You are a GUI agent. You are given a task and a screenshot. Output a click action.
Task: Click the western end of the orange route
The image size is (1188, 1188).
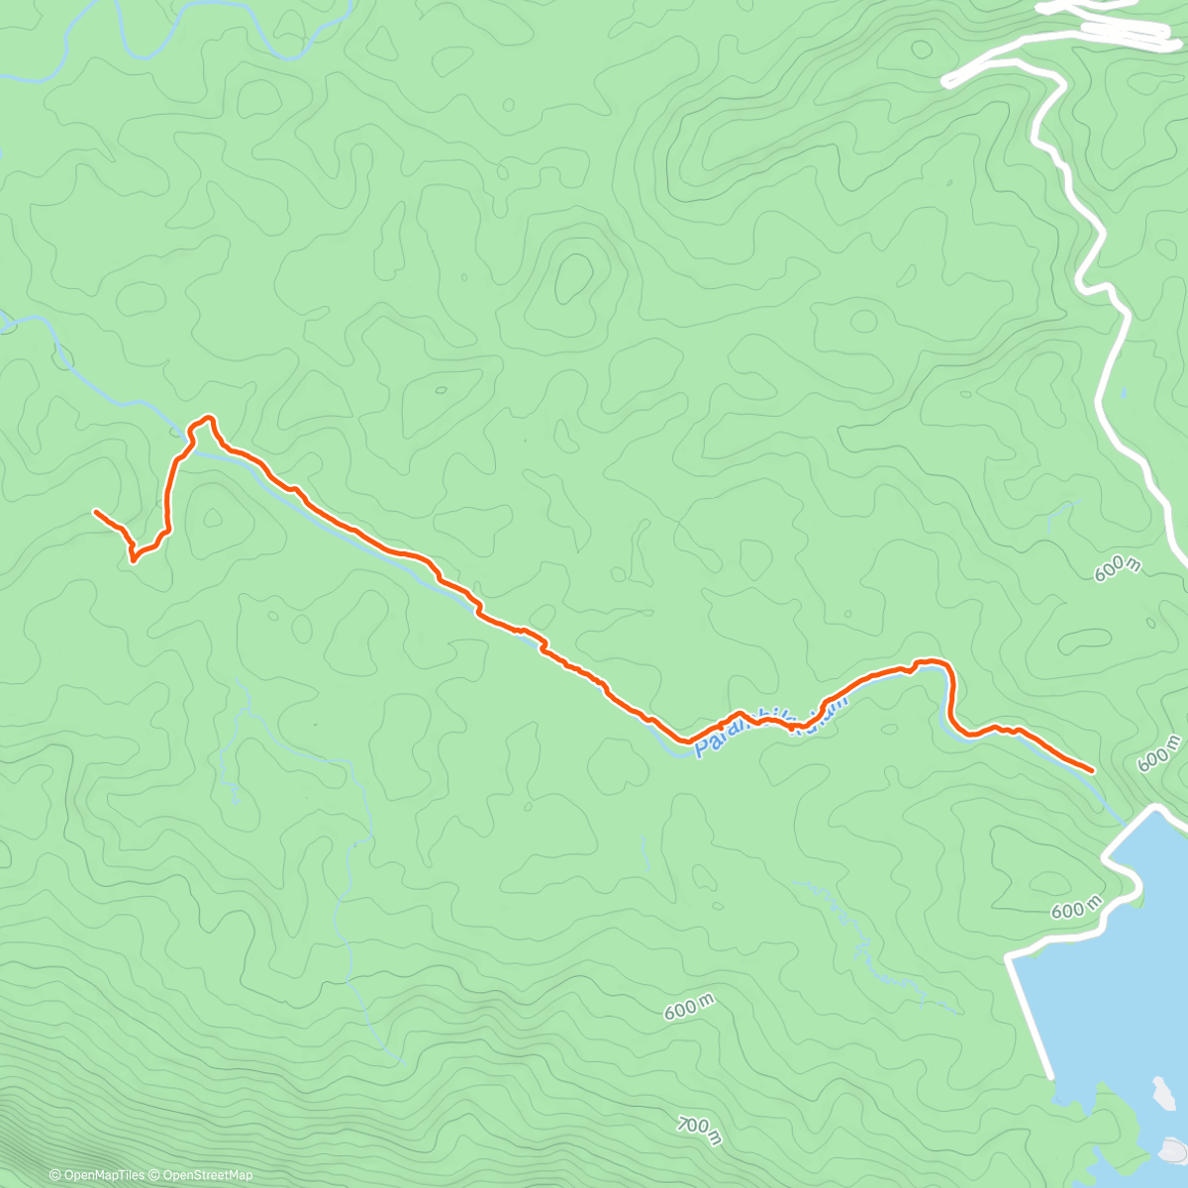(x=95, y=512)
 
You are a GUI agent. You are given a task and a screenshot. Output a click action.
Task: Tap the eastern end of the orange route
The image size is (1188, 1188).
(x=1091, y=769)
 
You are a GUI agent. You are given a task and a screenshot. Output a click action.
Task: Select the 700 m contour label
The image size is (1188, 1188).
(x=700, y=1130)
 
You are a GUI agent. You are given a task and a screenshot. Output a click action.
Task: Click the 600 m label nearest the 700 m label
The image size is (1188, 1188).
(x=689, y=1009)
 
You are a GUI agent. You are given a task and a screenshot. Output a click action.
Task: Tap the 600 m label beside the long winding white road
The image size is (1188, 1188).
(x=1118, y=567)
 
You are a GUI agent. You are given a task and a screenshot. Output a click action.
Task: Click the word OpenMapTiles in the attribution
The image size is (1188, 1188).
(x=103, y=1175)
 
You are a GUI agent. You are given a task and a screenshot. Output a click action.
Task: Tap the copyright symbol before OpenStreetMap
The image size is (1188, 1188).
(x=155, y=1175)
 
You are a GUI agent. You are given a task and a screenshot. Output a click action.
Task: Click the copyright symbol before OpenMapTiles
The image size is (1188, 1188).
(x=55, y=1175)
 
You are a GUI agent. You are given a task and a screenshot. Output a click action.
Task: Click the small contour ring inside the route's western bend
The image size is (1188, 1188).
(x=213, y=517)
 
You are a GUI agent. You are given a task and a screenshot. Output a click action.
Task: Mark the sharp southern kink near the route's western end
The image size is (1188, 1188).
(x=133, y=560)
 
